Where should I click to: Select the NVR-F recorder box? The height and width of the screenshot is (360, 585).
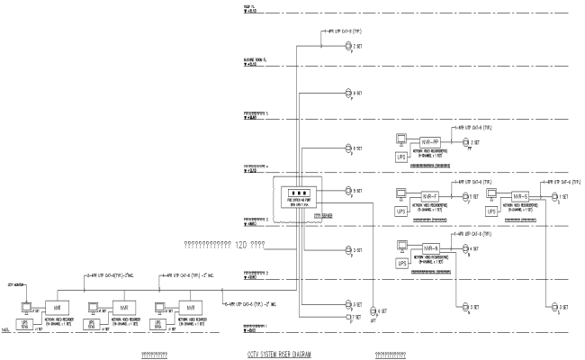(x=429, y=196)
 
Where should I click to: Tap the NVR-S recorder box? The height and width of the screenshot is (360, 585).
(x=519, y=196)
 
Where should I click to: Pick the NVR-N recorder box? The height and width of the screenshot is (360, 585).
(x=429, y=248)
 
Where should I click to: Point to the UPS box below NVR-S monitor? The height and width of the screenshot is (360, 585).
(x=491, y=211)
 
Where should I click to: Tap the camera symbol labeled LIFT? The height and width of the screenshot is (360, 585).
(x=370, y=310)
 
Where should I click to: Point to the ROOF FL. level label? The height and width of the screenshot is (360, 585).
(x=238, y=8)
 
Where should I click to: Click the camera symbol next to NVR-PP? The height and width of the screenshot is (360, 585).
(x=466, y=142)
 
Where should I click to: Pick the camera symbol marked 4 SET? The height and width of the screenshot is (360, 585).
(x=466, y=248)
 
